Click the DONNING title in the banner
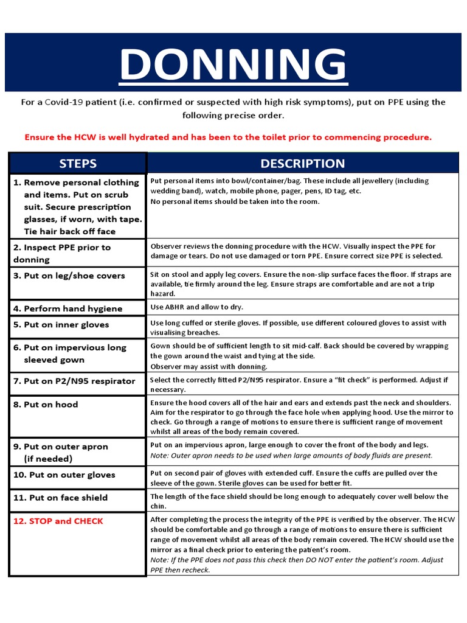[x=233, y=63]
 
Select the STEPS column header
[x=77, y=163]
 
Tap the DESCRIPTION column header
[x=302, y=163]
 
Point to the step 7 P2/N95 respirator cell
[x=74, y=381]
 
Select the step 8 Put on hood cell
[x=51, y=404]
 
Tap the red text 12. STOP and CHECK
[x=58, y=521]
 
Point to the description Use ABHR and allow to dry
[x=196, y=307]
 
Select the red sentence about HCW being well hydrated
[x=228, y=137]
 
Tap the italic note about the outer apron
[x=291, y=455]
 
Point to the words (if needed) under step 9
[x=48, y=458]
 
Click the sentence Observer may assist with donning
[x=209, y=366]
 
